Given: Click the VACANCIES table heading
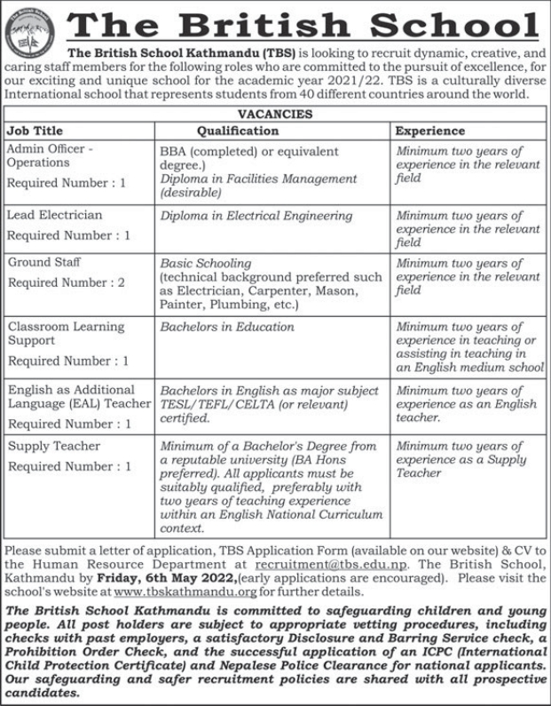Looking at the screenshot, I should pyautogui.click(x=275, y=115).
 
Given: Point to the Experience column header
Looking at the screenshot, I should pyautogui.click(x=429, y=131).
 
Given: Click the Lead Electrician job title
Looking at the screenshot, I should pyautogui.click(x=54, y=215).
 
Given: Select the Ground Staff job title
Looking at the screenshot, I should pyautogui.click(x=43, y=263).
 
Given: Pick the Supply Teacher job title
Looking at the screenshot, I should pyautogui.click(x=54, y=446).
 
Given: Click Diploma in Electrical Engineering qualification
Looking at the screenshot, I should pyautogui.click(x=256, y=215).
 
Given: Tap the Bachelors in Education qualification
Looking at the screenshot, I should pyautogui.click(x=227, y=327).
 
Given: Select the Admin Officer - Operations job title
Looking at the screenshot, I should pyautogui.click(x=51, y=156).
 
